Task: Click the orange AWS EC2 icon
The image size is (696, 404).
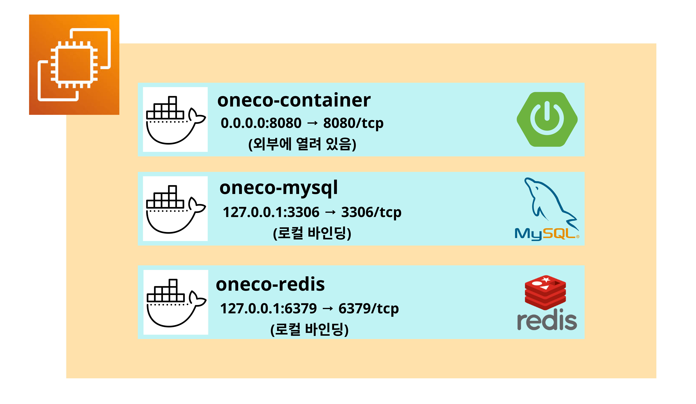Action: [74, 65]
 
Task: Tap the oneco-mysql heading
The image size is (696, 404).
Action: [278, 188]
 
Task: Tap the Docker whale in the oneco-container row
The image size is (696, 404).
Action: [175, 119]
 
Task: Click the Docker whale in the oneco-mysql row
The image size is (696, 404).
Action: [175, 209]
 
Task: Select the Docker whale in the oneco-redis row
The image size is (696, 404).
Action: [176, 302]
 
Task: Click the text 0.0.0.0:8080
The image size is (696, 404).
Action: [261, 123]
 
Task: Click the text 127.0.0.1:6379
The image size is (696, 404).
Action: [268, 308]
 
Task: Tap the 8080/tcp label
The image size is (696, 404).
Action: [353, 123]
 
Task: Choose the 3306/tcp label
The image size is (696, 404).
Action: [371, 212]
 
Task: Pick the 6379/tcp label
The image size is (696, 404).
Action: [368, 308]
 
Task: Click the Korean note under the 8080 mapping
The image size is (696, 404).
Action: [302, 144]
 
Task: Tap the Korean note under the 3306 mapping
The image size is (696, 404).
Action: [312, 233]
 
